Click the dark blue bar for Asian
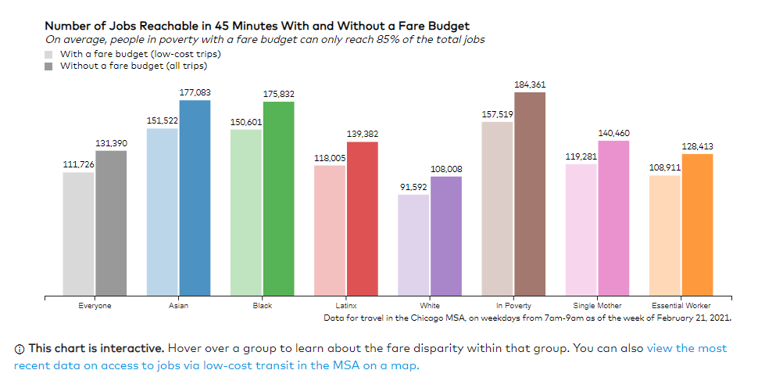pos(195,199)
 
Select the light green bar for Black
pos(245,213)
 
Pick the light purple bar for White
pos(413,246)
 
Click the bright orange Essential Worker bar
pos(697,225)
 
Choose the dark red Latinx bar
pos(362,219)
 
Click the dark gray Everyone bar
pos(110,224)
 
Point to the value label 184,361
pos(530,84)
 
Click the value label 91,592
pos(413,187)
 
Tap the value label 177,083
pos(195,92)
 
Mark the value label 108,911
pos(665,167)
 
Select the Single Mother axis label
pos(597,306)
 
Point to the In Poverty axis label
pos(513,306)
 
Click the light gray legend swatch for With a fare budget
pos(48,55)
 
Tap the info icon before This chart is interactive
pos(20,348)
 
